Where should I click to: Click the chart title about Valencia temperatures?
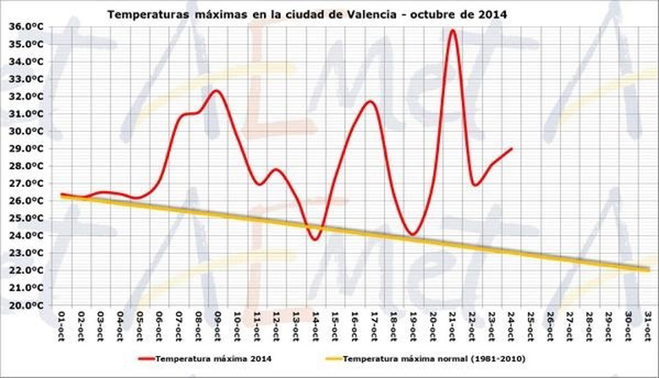click(307, 14)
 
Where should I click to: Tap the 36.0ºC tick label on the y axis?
click(27, 26)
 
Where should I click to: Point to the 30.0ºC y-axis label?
click(27, 131)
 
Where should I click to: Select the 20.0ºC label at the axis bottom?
click(27, 306)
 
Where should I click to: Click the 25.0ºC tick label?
click(27, 218)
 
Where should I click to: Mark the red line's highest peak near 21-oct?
click(452, 30)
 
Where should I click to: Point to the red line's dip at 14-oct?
click(315, 240)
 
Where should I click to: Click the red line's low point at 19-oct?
click(412, 235)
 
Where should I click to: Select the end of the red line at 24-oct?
click(511, 148)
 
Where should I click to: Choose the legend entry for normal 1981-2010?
click(434, 359)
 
